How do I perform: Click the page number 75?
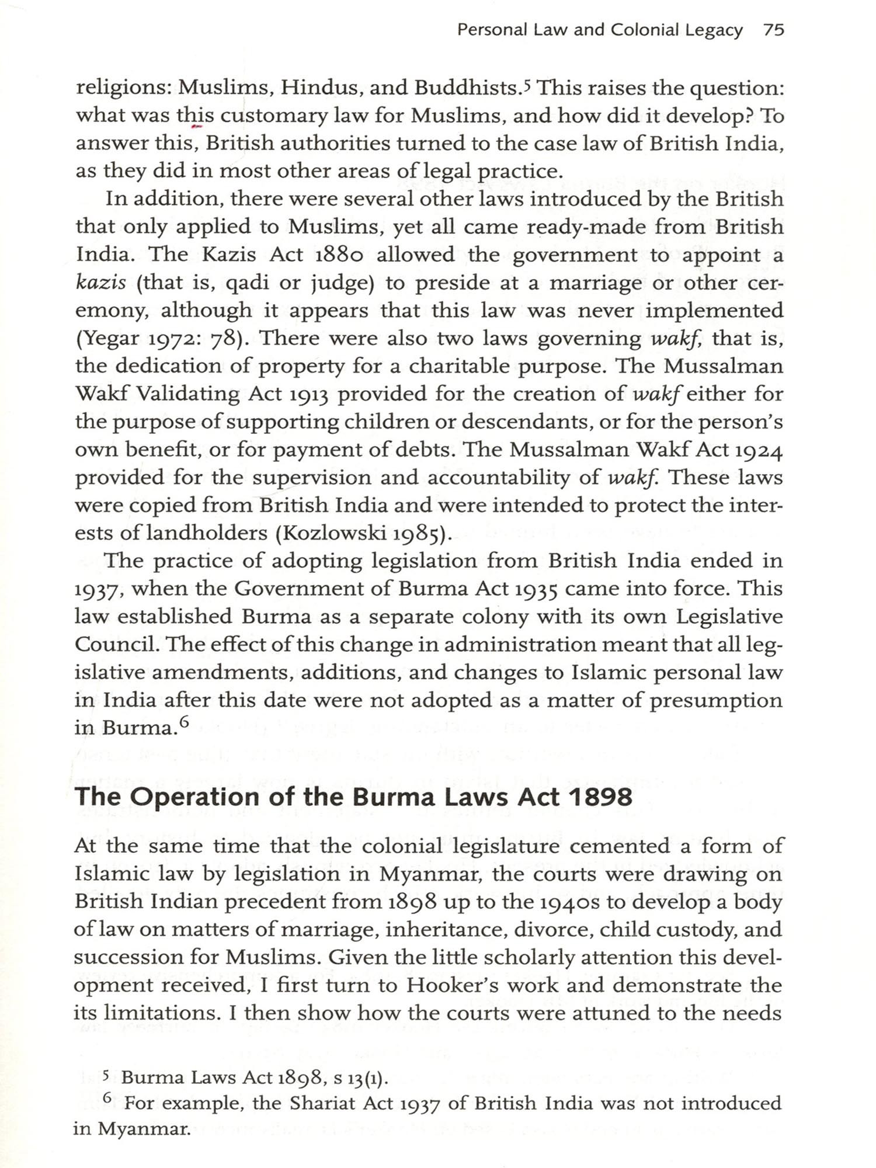click(773, 30)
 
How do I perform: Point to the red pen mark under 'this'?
click(197, 126)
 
